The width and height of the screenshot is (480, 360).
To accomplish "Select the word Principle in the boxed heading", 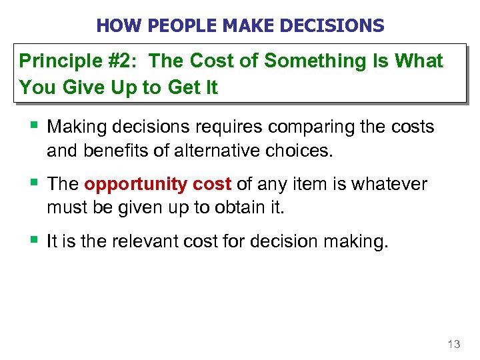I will point(57,61).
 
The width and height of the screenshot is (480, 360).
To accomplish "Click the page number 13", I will point(453,344).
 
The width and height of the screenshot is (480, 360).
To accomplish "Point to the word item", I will point(313,184).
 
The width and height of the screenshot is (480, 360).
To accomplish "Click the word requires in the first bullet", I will point(208,127).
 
